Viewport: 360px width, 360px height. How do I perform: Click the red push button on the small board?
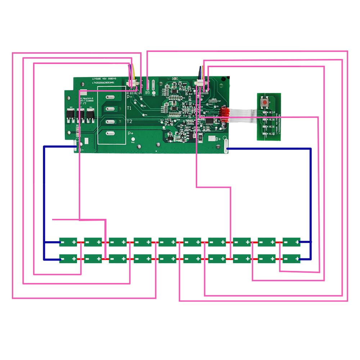click(x=265, y=102)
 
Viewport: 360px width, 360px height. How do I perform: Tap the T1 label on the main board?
click(x=129, y=108)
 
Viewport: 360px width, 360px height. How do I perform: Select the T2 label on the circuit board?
click(x=129, y=121)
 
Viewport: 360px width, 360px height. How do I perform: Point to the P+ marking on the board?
click(x=131, y=133)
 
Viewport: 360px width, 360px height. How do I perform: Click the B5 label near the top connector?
click(x=147, y=93)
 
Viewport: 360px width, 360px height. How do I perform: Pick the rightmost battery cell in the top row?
click(x=291, y=242)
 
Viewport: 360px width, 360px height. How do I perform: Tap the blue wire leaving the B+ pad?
click(x=270, y=148)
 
